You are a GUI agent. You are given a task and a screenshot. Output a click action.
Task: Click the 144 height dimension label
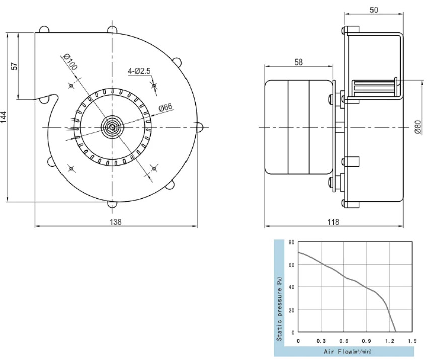pyautogui.click(x=3, y=117)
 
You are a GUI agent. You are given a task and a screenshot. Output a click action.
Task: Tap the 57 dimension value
pyautogui.click(x=14, y=66)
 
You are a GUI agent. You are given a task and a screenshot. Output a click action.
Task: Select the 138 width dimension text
pyautogui.click(x=116, y=222)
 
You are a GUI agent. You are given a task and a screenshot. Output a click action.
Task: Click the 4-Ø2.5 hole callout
pyautogui.click(x=139, y=71)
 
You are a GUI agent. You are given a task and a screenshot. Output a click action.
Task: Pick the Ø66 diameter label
pyautogui.click(x=166, y=107)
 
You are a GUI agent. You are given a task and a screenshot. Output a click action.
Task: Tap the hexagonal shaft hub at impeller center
pyautogui.click(x=112, y=127)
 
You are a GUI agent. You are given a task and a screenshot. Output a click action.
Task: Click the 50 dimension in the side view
pyautogui.click(x=374, y=10)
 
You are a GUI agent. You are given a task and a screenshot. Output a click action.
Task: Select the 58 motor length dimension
pyautogui.click(x=298, y=62)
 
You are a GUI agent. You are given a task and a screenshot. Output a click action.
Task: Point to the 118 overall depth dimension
pyautogui.click(x=333, y=222)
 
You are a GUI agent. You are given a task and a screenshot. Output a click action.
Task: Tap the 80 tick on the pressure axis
pyautogui.click(x=291, y=242)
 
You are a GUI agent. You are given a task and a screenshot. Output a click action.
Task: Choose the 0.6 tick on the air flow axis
pyautogui.click(x=344, y=341)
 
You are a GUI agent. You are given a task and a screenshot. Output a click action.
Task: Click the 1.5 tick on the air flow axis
pyautogui.click(x=412, y=341)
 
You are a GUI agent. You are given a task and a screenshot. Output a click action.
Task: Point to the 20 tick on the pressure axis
pyautogui.click(x=291, y=310)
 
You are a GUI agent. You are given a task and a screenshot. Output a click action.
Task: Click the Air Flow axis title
pyautogui.click(x=347, y=352)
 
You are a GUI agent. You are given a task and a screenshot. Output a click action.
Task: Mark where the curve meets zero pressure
pyautogui.click(x=396, y=332)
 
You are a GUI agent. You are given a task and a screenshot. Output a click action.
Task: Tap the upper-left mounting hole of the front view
pyautogui.click(x=71, y=86)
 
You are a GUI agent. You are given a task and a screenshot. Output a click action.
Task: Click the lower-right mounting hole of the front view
pyautogui.click(x=154, y=168)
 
